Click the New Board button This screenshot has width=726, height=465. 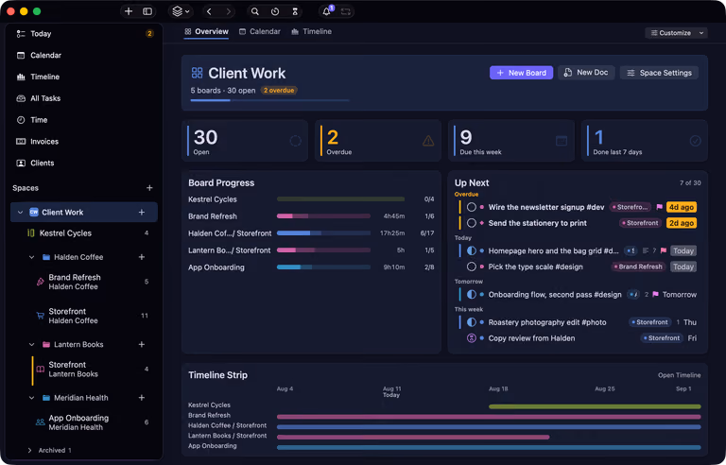(x=522, y=73)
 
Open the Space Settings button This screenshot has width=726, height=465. (x=659, y=73)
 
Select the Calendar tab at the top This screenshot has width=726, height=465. (x=260, y=31)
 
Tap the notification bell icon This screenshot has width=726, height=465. (x=326, y=11)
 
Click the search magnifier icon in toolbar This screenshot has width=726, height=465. (x=254, y=11)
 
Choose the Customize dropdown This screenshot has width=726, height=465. (x=677, y=33)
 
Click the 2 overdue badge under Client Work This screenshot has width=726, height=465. (x=279, y=91)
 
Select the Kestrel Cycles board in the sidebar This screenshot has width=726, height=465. (x=65, y=232)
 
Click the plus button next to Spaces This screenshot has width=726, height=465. (x=149, y=188)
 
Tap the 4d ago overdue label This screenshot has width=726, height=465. (x=681, y=207)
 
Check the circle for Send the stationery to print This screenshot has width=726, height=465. (x=472, y=223)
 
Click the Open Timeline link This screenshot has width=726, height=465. (x=680, y=375)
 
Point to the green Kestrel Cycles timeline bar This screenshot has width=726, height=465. (x=595, y=406)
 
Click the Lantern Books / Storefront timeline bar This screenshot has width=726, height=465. (x=413, y=437)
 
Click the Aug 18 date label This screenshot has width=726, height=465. (x=498, y=388)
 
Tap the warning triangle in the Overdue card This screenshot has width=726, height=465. (x=428, y=141)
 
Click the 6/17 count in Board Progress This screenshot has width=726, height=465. (x=427, y=232)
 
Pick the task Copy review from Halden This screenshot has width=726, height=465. (x=531, y=338)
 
